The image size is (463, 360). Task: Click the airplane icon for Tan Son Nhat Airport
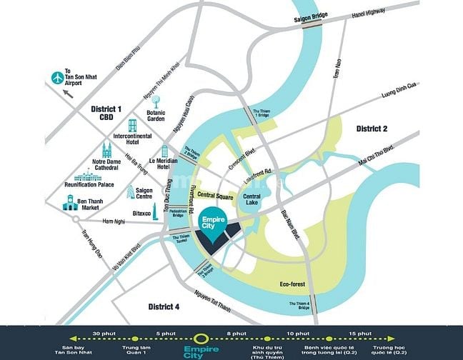pos(57,76)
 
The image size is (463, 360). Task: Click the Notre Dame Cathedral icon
pos(107,150)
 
